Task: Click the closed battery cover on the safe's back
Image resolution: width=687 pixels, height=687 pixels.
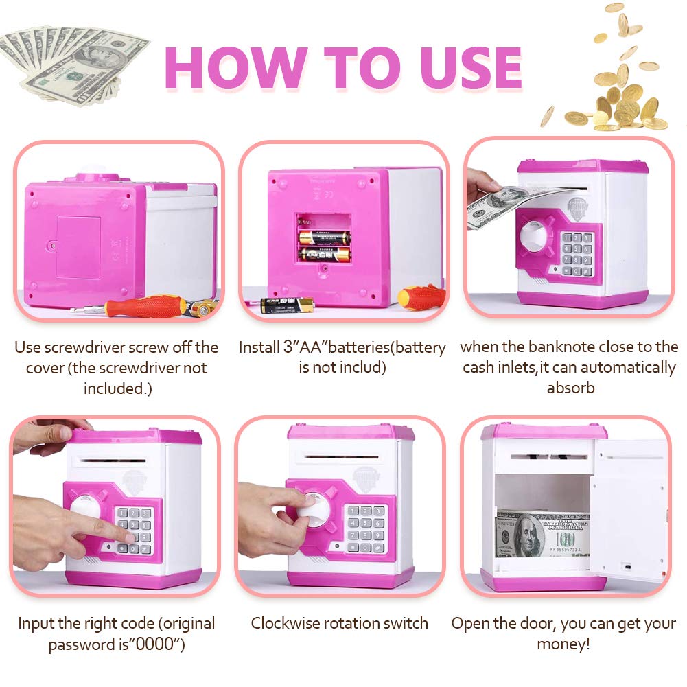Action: (79, 247)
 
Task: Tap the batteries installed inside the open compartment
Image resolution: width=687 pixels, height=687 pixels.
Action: (324, 246)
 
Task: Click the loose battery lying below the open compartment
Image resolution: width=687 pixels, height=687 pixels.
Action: (287, 305)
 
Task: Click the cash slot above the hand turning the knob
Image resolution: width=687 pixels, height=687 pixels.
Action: (343, 456)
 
